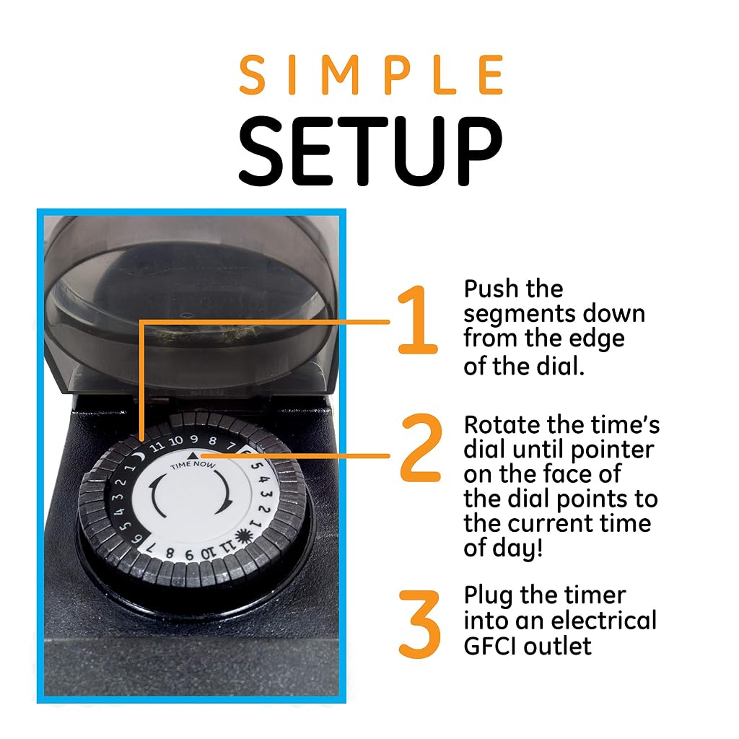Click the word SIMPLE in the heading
[372, 74]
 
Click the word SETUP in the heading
[372, 151]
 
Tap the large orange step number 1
[417, 320]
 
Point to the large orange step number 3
[419, 624]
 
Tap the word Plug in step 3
[489, 596]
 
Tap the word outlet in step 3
[558, 646]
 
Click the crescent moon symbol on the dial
[138, 456]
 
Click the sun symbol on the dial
[243, 536]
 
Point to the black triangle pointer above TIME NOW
[193, 455]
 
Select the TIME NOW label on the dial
[193, 465]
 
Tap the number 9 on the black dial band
[193, 440]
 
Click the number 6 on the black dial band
[137, 538]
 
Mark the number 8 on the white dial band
[170, 553]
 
